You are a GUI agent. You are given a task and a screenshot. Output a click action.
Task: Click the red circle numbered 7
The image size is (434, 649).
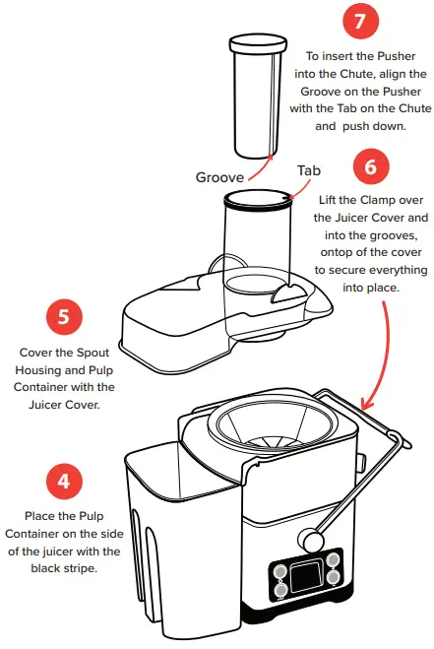(361, 21)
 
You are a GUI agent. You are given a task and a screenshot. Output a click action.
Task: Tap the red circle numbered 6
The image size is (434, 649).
(371, 167)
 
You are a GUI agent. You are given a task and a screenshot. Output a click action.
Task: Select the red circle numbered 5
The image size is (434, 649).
(64, 317)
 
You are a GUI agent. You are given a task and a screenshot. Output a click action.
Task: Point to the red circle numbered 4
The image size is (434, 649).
(64, 481)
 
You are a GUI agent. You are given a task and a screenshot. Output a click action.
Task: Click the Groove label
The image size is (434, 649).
(219, 177)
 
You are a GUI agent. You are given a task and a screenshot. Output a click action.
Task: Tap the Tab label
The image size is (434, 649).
(309, 170)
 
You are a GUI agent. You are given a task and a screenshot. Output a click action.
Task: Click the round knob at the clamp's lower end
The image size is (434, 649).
(310, 539)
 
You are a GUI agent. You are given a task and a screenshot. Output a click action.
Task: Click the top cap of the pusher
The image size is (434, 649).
(258, 43)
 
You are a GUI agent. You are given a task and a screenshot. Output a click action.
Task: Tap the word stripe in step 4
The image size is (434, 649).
(80, 568)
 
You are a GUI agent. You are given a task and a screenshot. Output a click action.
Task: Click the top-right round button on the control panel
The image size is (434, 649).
(333, 560)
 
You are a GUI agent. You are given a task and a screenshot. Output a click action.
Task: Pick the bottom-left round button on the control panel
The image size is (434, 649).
(280, 590)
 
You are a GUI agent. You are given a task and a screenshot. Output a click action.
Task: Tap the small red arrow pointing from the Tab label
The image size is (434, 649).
(300, 188)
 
